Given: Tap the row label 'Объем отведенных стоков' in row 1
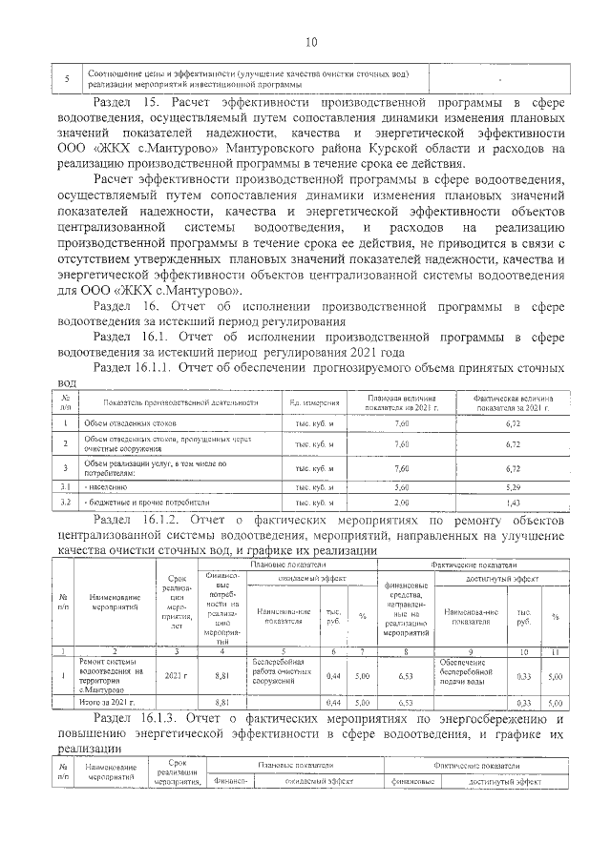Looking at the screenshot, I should click(123, 422).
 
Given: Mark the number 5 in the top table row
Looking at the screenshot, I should click(66, 79).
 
